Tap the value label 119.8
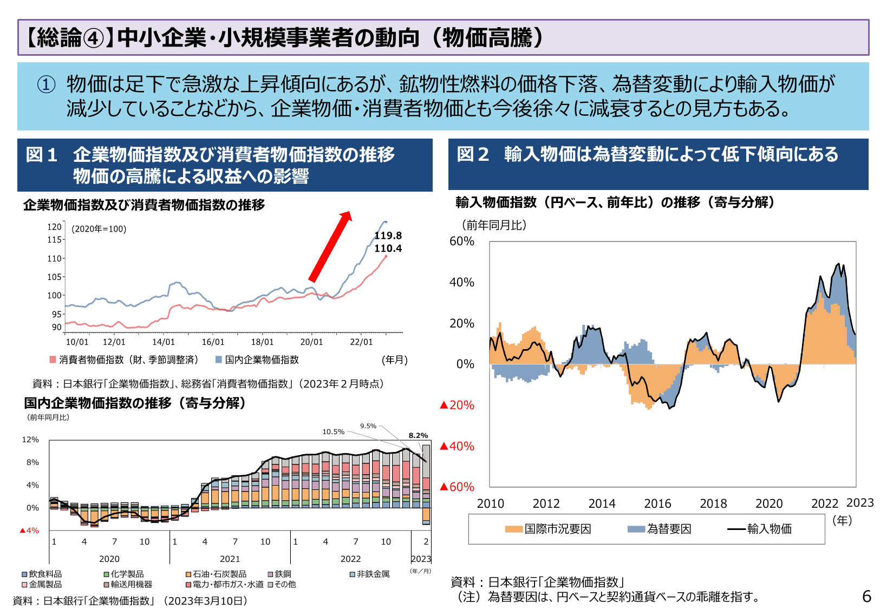click(388, 235)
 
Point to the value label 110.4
click(388, 248)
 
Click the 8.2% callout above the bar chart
click(418, 435)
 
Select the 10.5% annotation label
click(333, 431)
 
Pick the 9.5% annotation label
click(368, 426)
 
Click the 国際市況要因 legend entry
click(548, 529)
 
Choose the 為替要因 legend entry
click(660, 529)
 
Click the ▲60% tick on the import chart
click(457, 487)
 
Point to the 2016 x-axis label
click(657, 503)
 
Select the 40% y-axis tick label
click(461, 282)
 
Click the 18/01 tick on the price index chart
click(262, 342)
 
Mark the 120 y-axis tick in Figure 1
click(54, 227)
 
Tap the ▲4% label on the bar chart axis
click(29, 531)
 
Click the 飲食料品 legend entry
click(42, 574)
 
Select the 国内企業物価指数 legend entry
click(257, 360)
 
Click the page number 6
click(866, 596)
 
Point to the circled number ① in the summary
click(46, 84)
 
